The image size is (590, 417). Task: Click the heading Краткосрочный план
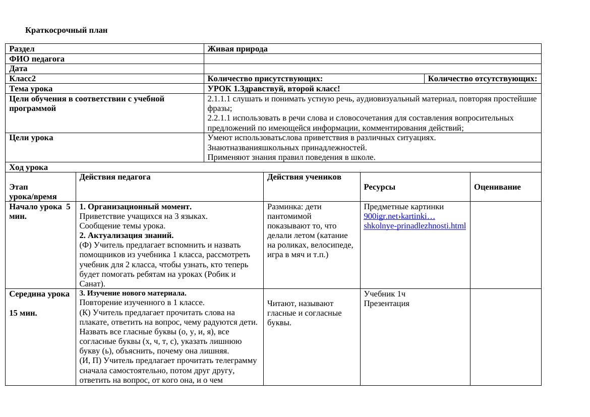66,30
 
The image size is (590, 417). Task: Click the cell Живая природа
237,49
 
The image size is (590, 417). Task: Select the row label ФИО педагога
37,59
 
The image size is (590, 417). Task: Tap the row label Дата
18,69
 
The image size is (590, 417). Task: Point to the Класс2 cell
23,79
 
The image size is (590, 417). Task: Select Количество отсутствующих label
483,79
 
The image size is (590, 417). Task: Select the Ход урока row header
29,167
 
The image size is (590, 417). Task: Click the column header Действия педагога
115,177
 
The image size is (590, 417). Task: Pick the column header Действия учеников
304,177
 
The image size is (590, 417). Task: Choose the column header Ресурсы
379,187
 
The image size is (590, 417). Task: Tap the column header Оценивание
497,187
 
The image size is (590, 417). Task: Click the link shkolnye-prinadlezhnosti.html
415,226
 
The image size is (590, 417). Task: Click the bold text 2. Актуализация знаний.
127,235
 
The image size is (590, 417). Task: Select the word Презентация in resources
386,304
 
